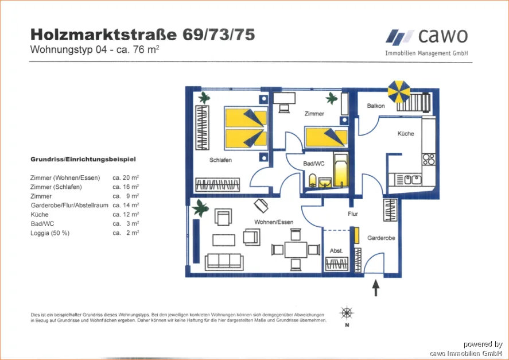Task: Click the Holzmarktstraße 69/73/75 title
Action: (142, 35)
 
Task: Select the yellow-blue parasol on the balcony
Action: (398, 91)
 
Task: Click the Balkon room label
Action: (376, 106)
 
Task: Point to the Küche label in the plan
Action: (406, 134)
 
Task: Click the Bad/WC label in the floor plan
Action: (314, 164)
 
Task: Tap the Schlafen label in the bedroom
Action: (221, 160)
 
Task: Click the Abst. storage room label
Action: (336, 251)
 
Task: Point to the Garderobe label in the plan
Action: (379, 237)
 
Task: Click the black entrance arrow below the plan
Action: (376, 288)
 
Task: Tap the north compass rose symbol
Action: (347, 313)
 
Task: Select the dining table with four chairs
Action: (296, 249)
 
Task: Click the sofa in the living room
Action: (224, 261)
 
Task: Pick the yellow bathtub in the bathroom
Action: (340, 172)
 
